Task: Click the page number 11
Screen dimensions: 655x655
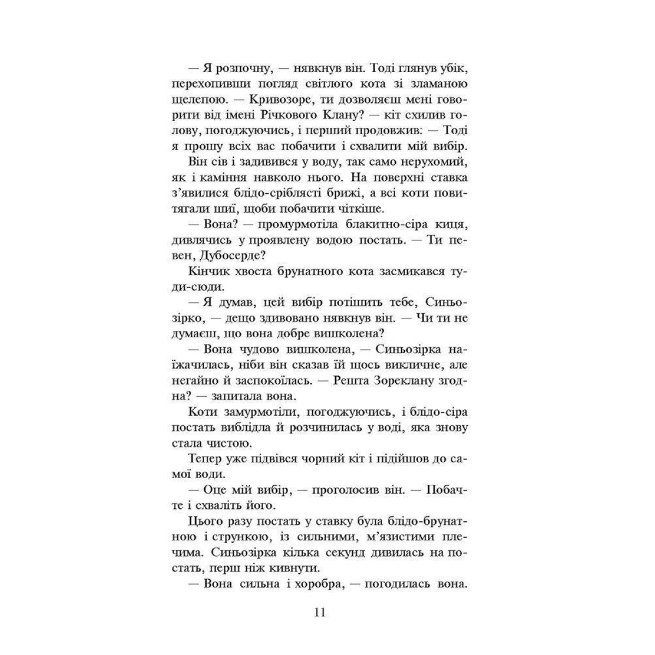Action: pyautogui.click(x=320, y=612)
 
